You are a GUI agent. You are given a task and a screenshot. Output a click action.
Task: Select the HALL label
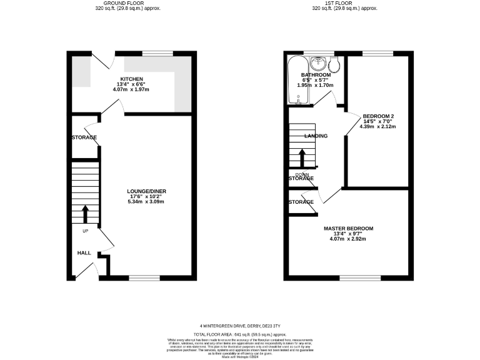pyautogui.click(x=84, y=253)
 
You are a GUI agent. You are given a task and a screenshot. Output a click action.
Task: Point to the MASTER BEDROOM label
pyautogui.click(x=348, y=228)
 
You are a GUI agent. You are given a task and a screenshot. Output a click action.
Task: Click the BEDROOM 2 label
pyautogui.click(x=378, y=116)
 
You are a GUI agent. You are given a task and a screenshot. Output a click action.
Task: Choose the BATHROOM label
pyautogui.click(x=316, y=75)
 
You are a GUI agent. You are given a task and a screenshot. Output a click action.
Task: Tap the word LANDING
pyautogui.click(x=316, y=136)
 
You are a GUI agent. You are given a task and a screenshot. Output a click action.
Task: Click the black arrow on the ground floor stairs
pyautogui.click(x=86, y=213)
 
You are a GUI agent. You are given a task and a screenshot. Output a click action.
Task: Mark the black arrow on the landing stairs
pyautogui.click(x=302, y=156)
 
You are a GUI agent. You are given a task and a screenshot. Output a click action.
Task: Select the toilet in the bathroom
pyautogui.click(x=334, y=64)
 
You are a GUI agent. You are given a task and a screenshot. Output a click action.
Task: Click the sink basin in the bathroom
pyautogui.click(x=319, y=62)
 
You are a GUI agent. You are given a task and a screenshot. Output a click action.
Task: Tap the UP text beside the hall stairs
pyautogui.click(x=86, y=231)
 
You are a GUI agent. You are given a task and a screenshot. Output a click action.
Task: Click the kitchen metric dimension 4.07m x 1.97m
pyautogui.click(x=131, y=90)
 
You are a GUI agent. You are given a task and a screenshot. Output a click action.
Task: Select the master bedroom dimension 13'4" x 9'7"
pyautogui.click(x=348, y=234)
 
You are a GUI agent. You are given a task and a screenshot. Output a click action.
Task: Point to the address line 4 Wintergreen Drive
pyautogui.click(x=239, y=325)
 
